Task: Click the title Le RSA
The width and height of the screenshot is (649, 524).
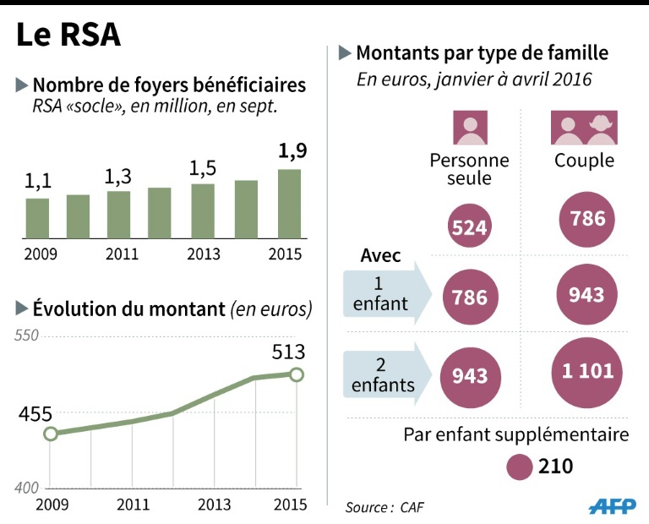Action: tap(68, 35)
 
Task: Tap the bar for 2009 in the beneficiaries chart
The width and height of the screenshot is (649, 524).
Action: tap(37, 218)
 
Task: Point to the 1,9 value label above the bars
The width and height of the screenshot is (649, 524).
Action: tap(292, 152)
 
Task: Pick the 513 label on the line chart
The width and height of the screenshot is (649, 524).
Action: tap(288, 352)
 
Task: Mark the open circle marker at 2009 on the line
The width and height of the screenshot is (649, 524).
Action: tap(50, 434)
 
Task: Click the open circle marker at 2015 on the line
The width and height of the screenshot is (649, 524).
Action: tap(297, 374)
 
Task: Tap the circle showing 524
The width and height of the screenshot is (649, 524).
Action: tap(469, 227)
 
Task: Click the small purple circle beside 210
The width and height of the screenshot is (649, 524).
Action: tap(518, 467)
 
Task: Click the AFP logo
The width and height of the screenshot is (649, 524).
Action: tap(613, 505)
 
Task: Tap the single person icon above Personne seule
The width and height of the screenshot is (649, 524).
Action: tap(470, 128)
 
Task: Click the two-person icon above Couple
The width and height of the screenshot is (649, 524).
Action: tap(584, 128)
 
